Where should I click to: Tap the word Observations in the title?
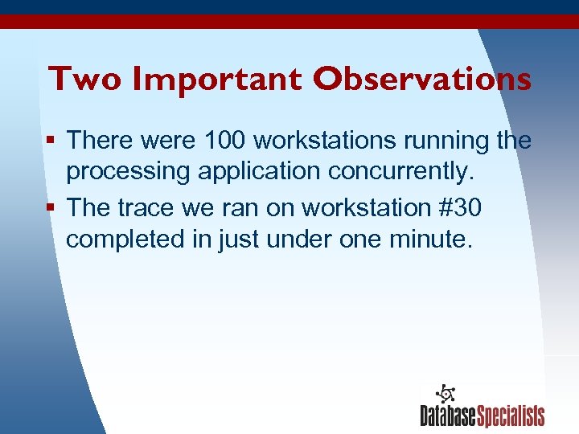point(422,79)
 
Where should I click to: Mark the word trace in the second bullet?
point(147,207)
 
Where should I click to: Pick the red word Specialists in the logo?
point(511,416)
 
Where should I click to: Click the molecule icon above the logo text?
point(445,393)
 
